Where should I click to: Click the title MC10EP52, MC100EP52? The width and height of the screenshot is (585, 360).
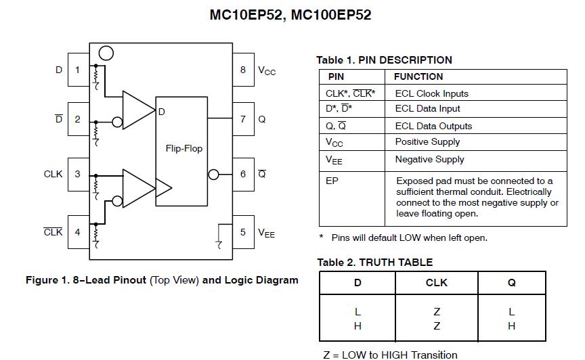[x=290, y=15]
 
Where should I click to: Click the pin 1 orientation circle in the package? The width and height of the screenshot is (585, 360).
[x=105, y=53]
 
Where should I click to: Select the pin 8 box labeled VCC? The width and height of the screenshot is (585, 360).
[x=243, y=70]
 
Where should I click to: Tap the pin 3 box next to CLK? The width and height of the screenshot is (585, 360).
[x=78, y=174]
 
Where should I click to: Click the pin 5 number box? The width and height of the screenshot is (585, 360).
[x=243, y=232]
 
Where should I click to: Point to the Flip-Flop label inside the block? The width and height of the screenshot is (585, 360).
[x=184, y=148]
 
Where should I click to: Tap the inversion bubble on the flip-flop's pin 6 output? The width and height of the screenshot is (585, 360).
[x=214, y=175]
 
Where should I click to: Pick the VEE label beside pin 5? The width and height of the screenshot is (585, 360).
[x=267, y=233]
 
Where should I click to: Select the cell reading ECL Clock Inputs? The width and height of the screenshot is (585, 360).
[x=431, y=93]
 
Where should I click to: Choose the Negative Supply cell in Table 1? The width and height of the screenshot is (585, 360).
[x=429, y=160]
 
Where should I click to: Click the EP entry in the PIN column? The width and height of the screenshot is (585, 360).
[x=332, y=181]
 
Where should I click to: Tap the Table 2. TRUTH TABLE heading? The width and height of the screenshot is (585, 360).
[x=374, y=262]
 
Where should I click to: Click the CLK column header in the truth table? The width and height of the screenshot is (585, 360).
[x=436, y=283]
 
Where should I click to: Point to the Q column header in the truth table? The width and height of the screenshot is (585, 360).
[x=511, y=283]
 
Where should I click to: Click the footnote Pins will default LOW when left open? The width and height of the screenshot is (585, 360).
[x=408, y=238]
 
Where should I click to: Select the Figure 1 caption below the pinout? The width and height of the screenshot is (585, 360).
[x=162, y=280]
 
